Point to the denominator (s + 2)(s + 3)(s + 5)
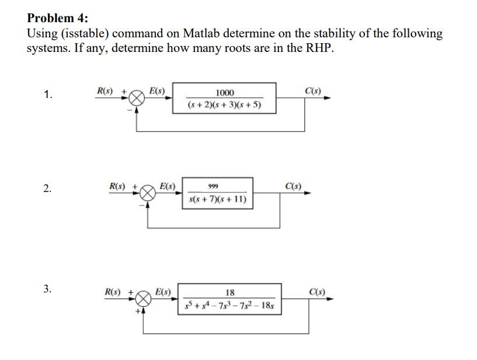(225, 105)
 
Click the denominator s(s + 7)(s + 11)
(218, 200)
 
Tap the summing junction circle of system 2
(148, 194)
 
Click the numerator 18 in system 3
(230, 292)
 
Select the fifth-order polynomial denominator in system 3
(230, 305)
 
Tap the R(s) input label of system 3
(112, 291)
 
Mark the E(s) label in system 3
(163, 291)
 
